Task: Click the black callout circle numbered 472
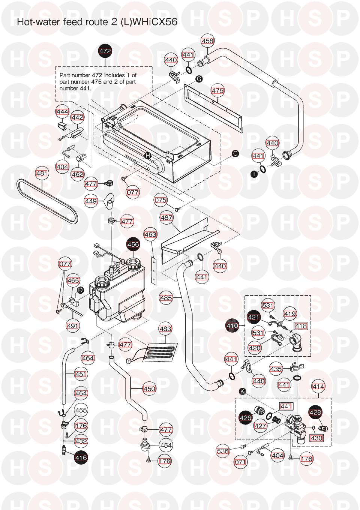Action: point(105,51)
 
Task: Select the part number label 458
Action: point(208,41)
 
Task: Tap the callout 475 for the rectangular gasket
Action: point(217,90)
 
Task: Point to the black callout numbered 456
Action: point(133,244)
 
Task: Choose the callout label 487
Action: point(166,217)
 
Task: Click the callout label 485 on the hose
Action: point(166,298)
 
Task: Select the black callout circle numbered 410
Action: point(232,325)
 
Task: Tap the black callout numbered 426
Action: point(246,417)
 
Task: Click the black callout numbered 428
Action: point(315,412)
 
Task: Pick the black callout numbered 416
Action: point(81,457)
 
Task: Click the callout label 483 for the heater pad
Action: point(165,329)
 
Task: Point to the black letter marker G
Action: point(199,79)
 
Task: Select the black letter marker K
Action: point(243,391)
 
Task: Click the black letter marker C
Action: point(235,153)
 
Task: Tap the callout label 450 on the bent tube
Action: point(149,389)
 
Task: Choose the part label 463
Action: point(150,235)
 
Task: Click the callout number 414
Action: point(318,386)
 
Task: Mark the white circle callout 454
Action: point(166,445)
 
